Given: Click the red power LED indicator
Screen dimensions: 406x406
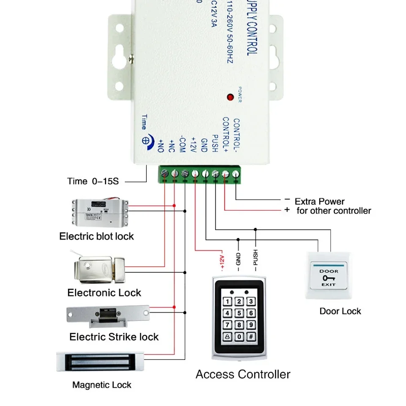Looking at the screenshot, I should [230, 97].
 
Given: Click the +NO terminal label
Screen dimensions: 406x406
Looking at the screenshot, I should [161, 145].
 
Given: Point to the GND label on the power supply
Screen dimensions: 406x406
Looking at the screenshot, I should [204, 145].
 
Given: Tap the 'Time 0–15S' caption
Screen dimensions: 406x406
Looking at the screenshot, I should [93, 181].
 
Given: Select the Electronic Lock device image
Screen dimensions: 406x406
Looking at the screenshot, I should [100, 269].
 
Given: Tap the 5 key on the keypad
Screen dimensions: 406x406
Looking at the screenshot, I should [239, 313].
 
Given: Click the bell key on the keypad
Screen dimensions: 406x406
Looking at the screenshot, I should [228, 337].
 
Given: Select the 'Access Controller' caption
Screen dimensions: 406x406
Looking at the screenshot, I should [243, 374].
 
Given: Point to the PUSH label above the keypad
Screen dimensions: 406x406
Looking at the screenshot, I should [255, 260].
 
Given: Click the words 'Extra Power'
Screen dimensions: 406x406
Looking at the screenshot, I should [319, 201].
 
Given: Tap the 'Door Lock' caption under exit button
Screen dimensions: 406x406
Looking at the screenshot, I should [340, 311].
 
